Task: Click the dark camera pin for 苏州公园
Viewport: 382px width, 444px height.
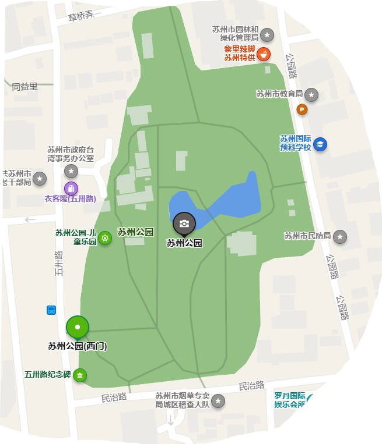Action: (x=184, y=223)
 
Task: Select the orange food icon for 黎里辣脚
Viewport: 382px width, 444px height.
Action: (x=264, y=54)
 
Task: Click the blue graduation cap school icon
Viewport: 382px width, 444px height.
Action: (x=320, y=144)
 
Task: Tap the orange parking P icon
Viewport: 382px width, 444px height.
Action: (x=302, y=109)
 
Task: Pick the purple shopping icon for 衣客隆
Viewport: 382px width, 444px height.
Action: (x=71, y=188)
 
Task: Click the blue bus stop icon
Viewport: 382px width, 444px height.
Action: (x=51, y=310)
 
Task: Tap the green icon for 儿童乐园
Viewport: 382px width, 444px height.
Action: (x=105, y=237)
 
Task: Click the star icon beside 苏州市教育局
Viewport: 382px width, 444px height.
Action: (x=312, y=94)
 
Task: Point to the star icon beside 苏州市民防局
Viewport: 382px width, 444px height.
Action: (x=340, y=236)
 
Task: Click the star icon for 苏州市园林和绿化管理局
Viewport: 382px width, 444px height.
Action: (x=267, y=34)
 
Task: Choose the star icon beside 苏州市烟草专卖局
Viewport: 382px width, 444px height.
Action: (x=218, y=401)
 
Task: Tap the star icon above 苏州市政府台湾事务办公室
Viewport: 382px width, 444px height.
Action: (x=71, y=171)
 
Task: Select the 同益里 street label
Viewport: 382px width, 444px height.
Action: (x=24, y=87)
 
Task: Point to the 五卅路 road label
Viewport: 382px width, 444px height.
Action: (x=58, y=263)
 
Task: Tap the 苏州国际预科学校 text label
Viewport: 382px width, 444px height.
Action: (x=295, y=143)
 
